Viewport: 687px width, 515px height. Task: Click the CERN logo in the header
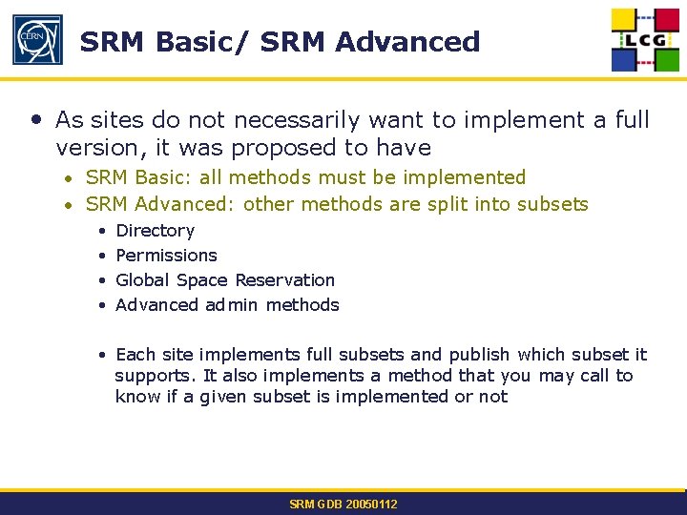[37, 40]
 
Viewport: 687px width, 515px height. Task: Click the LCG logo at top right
[647, 40]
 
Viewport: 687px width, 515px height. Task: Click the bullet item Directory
[155, 231]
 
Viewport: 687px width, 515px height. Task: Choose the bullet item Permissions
[166, 256]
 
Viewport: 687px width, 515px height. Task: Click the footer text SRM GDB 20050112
[343, 504]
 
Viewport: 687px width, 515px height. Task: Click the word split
[459, 204]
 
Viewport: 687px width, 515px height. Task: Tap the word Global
[143, 280]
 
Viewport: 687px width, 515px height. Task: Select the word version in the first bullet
[92, 148]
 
